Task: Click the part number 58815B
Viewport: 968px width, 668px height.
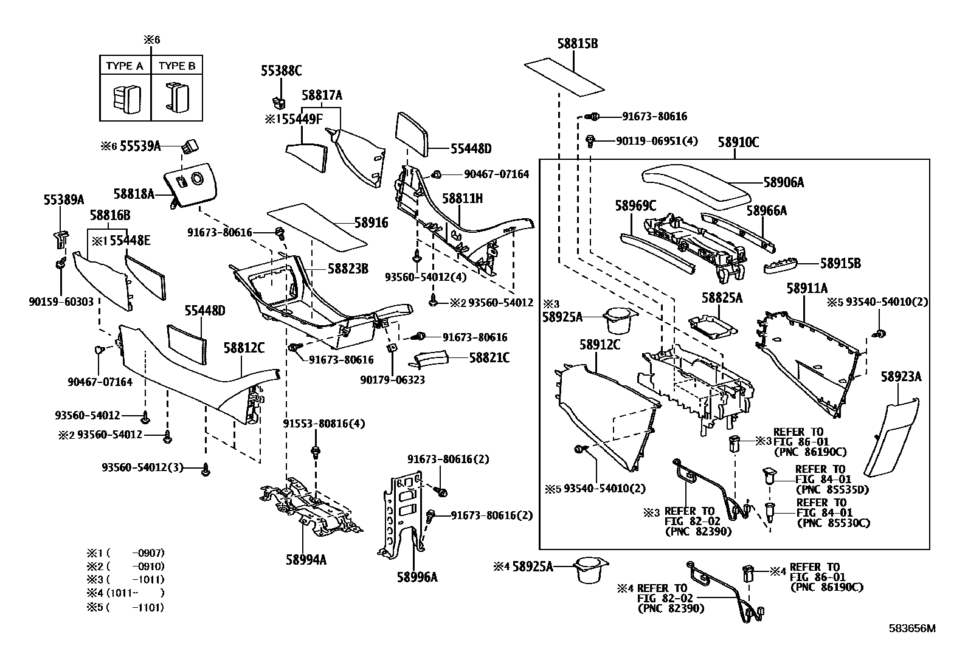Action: pyautogui.click(x=577, y=44)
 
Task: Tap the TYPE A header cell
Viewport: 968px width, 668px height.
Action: pyautogui.click(x=125, y=66)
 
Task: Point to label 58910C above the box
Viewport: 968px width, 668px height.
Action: pyautogui.click(x=738, y=142)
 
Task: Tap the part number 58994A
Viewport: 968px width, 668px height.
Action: pyautogui.click(x=306, y=559)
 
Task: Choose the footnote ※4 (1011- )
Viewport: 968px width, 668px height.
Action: pyautogui.click(x=125, y=593)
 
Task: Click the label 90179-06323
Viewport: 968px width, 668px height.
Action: pyautogui.click(x=392, y=380)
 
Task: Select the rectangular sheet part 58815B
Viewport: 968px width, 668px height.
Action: pyautogui.click(x=564, y=76)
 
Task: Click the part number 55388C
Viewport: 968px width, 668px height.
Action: pyautogui.click(x=281, y=71)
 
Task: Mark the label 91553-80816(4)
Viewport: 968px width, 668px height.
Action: pyautogui.click(x=324, y=424)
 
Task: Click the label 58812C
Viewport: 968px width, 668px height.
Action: pyautogui.click(x=244, y=348)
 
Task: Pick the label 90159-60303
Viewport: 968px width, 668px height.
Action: pyautogui.click(x=60, y=301)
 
